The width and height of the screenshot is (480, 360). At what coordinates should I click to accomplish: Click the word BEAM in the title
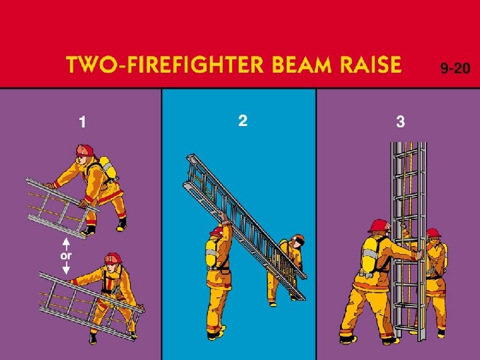(301, 64)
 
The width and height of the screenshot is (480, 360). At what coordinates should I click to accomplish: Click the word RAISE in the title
(371, 64)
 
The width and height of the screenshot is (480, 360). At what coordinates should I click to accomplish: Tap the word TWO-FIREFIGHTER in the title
(165, 64)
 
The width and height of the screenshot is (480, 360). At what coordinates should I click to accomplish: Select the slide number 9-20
(455, 68)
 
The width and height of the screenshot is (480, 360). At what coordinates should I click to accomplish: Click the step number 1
(83, 122)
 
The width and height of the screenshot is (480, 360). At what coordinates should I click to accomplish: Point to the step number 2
(243, 121)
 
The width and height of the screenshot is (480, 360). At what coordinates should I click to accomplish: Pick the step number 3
(401, 121)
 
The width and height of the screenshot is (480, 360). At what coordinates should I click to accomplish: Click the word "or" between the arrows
(66, 255)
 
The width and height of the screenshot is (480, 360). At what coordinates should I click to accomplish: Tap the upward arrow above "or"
(66, 244)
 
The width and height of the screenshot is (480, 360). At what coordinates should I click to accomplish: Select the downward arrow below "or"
(66, 267)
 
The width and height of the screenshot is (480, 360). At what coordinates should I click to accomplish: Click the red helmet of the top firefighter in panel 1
(85, 150)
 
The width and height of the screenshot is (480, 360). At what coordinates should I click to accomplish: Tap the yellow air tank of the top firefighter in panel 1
(108, 167)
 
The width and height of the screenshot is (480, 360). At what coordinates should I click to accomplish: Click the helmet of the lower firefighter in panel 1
(113, 259)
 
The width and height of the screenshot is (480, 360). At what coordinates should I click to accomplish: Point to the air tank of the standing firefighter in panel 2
(211, 253)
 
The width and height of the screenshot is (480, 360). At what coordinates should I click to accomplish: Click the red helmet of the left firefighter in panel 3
(379, 226)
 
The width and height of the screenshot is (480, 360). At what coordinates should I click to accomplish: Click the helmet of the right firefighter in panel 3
(433, 233)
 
